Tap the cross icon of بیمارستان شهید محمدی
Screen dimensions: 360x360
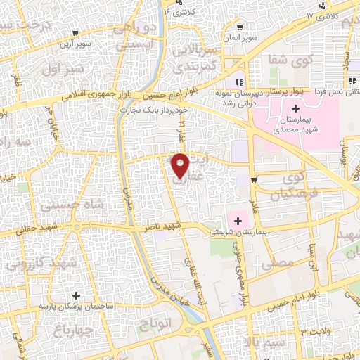295,108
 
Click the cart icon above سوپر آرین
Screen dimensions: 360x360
75,33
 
